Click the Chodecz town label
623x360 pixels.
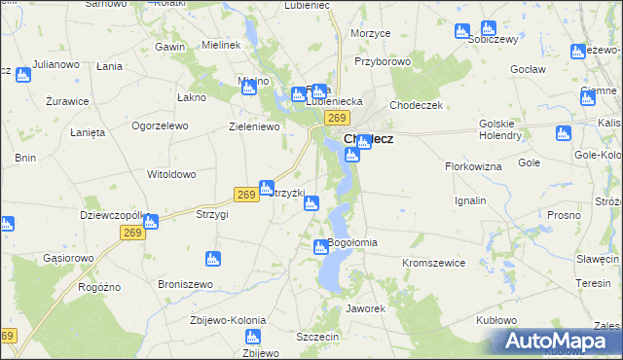pyautogui.click(x=369, y=138)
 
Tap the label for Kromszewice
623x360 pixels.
pyautogui.click(x=434, y=263)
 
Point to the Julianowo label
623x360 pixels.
pyautogui.click(x=54, y=64)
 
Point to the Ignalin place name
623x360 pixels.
pyautogui.click(x=470, y=200)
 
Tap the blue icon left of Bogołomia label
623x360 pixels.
pyautogui.click(x=320, y=248)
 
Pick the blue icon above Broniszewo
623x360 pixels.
pyautogui.click(x=213, y=259)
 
